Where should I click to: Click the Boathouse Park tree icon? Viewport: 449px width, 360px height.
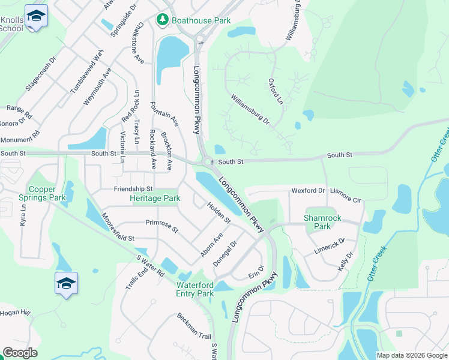(162, 20)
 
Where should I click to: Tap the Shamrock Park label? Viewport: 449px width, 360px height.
(317, 222)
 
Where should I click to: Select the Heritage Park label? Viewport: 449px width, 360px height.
(155, 198)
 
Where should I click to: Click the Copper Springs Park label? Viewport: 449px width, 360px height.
(47, 193)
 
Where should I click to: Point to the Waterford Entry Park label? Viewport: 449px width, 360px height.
(194, 289)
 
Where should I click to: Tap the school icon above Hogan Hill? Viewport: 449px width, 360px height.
(66, 284)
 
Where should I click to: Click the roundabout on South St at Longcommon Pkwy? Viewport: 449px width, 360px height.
(208, 162)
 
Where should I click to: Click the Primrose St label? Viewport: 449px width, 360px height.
(161, 226)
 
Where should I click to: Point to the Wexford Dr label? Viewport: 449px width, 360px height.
(308, 190)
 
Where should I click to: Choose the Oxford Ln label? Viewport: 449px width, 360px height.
(276, 91)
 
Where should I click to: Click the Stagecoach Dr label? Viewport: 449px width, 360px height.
(40, 74)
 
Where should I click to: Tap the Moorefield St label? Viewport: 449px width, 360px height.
(118, 227)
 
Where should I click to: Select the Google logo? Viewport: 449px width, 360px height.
(20, 353)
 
